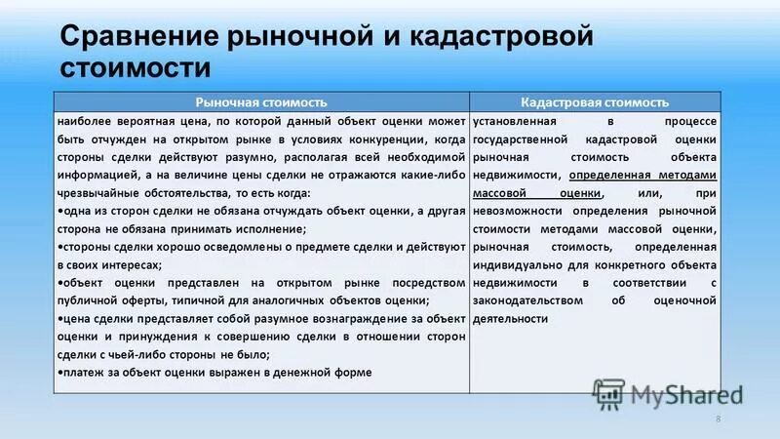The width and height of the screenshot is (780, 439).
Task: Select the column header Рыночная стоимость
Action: (260, 101)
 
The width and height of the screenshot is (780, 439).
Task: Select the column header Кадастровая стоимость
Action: (595, 101)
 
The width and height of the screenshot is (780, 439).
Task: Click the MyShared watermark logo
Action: (673, 394)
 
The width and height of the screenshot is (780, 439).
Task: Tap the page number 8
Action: (718, 419)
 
